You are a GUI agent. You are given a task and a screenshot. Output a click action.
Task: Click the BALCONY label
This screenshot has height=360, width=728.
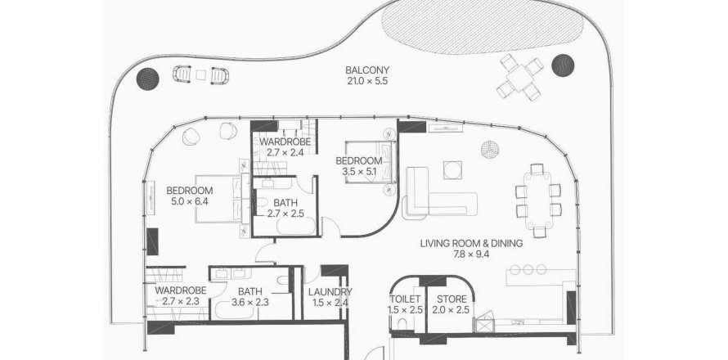pyautogui.click(x=366, y=70)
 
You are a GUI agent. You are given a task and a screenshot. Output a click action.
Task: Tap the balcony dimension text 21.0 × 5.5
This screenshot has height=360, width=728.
pyautogui.click(x=366, y=81)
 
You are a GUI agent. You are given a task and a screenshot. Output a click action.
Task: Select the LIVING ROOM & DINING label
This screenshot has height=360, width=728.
pyautogui.click(x=471, y=243)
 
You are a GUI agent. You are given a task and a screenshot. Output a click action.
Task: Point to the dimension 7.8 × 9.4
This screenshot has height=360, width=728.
pyautogui.click(x=471, y=254)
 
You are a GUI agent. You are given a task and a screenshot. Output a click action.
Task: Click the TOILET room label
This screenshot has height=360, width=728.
pyautogui.click(x=406, y=299)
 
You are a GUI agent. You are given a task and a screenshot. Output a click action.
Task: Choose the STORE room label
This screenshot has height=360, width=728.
pyautogui.click(x=450, y=299)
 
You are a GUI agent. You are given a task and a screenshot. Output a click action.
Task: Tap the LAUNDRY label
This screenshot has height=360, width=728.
pyautogui.click(x=330, y=292)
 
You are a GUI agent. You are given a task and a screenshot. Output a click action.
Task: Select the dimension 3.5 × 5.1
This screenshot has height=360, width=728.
pyautogui.click(x=359, y=172)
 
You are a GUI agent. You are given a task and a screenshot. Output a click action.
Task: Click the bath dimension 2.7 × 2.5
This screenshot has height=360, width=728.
pyautogui.click(x=285, y=214)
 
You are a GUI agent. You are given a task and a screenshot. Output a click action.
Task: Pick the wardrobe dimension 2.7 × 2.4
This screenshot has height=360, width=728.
pyautogui.click(x=285, y=152)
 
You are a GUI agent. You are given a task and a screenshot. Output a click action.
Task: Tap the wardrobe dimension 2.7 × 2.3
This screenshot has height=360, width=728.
pyautogui.click(x=181, y=301)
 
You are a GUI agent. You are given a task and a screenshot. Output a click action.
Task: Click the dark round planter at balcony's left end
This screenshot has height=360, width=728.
pyautogui.click(x=148, y=79)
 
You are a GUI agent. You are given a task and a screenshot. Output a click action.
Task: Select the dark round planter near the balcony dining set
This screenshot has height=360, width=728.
pyautogui.click(x=563, y=65)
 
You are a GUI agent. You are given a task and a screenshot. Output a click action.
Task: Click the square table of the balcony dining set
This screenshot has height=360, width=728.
pyautogui.click(x=519, y=77)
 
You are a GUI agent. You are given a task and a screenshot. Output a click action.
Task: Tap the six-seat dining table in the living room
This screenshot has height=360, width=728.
pyautogui.click(x=538, y=200)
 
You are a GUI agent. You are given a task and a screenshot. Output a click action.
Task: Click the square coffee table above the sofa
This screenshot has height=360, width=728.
pyautogui.click(x=452, y=170)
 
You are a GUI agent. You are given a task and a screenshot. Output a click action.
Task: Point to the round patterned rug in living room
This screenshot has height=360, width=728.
pyautogui.click(x=490, y=150)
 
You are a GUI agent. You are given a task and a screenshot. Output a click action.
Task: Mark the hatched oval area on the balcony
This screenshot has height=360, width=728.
pyautogui.click(x=482, y=26)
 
